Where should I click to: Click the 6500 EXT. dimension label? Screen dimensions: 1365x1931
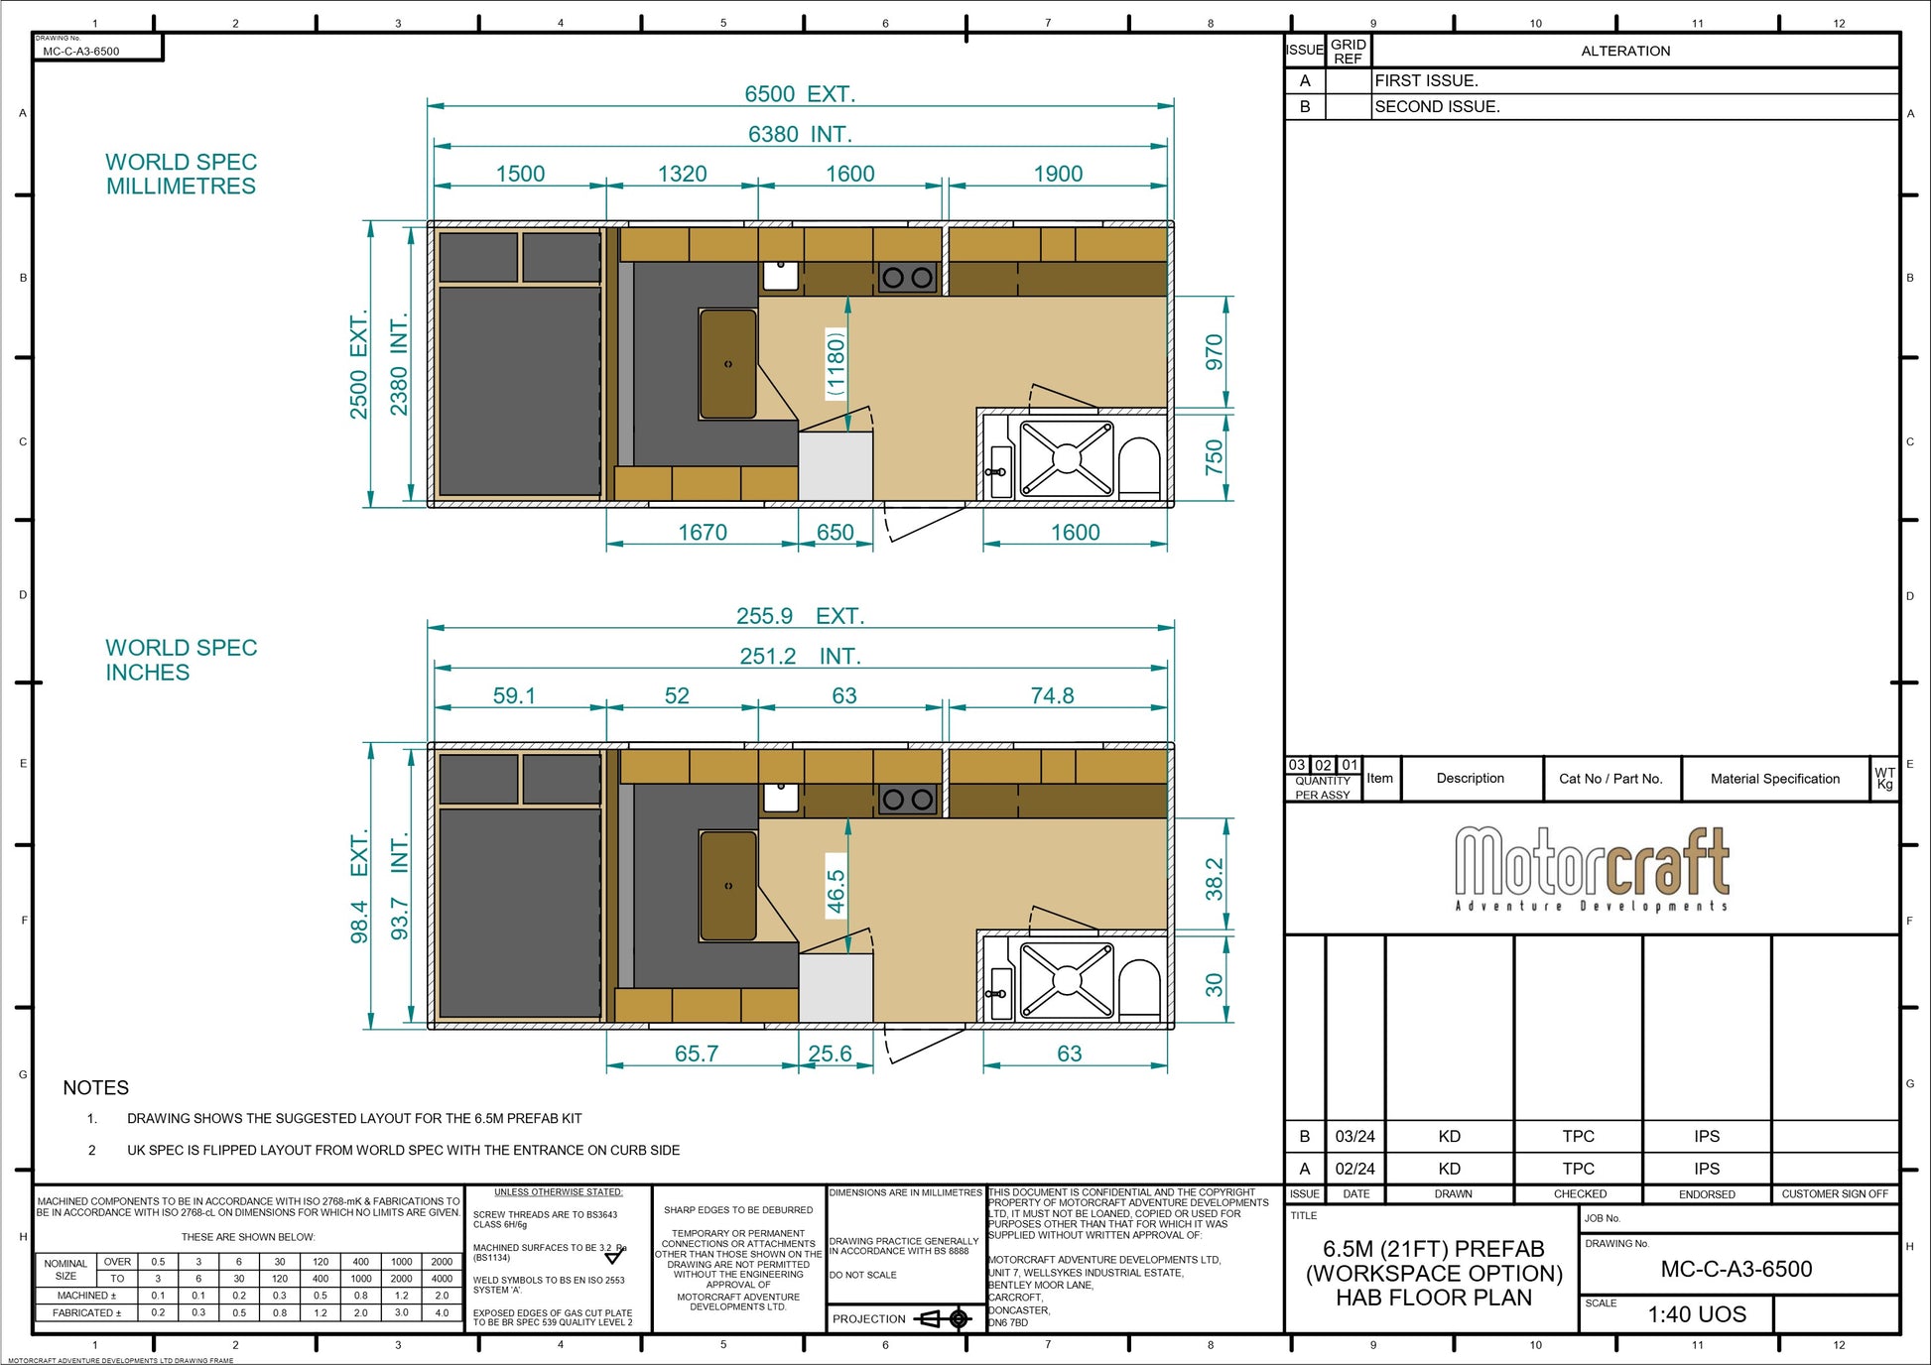tap(799, 94)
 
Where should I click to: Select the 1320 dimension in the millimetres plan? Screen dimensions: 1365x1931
tap(682, 174)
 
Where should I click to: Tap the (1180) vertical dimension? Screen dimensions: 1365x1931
tap(837, 363)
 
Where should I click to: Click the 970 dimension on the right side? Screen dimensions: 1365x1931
tap(1214, 352)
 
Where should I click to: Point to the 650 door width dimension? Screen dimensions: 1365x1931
tap(835, 533)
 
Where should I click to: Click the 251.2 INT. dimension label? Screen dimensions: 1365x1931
tap(799, 657)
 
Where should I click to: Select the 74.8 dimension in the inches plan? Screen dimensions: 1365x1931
tap(1052, 696)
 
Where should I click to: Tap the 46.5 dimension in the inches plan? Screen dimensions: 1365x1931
tap(837, 891)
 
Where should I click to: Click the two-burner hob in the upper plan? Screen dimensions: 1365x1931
tap(907, 278)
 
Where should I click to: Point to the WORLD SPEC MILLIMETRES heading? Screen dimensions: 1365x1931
tap(181, 174)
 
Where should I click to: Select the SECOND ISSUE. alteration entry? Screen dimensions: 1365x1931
tap(1437, 106)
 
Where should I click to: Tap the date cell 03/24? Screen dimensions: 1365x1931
tap(1354, 1137)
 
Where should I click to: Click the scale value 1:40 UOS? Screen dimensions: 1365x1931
tap(1696, 1314)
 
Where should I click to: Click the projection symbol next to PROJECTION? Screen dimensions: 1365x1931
tap(943, 1318)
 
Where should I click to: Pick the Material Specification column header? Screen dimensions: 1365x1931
tap(1774, 779)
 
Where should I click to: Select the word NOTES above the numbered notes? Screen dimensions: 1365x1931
tap(95, 1088)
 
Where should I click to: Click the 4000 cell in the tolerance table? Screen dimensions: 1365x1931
tap(442, 1279)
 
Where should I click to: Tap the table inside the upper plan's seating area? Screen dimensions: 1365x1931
tap(728, 363)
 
